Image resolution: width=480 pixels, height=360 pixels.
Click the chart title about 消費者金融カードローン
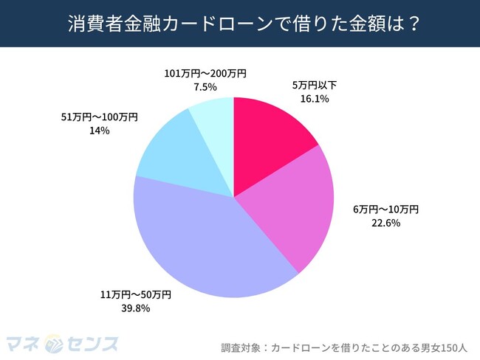[x=239, y=23]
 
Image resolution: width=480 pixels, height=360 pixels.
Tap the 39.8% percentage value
[x=135, y=308]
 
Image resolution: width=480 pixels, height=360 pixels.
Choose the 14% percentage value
[x=97, y=130]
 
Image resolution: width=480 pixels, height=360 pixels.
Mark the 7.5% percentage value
[x=205, y=86]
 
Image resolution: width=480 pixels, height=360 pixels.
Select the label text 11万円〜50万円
[x=135, y=295]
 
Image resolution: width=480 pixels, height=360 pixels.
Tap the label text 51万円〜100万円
[x=97, y=117]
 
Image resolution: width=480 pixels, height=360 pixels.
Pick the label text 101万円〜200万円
[x=205, y=74]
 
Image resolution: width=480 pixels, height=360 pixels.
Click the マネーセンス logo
[x=62, y=342]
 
